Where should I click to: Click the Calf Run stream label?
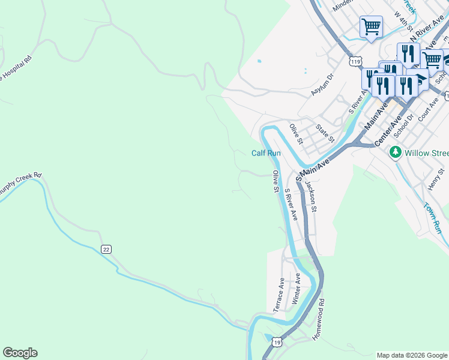266,153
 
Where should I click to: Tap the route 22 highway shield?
106,250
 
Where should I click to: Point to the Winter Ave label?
296,289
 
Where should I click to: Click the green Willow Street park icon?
395,152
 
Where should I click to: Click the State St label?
325,133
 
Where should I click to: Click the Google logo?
20,353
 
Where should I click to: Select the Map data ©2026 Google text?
411,355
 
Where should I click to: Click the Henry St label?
435,179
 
